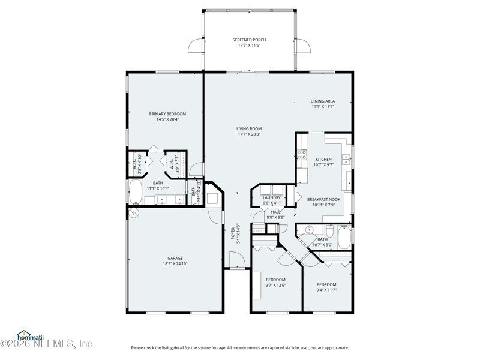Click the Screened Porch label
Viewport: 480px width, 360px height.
click(249, 40)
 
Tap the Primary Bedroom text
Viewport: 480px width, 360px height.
click(167, 114)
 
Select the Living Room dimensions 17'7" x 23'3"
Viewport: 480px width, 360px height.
click(248, 134)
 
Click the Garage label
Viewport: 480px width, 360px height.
click(175, 259)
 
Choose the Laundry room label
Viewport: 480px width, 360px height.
click(271, 197)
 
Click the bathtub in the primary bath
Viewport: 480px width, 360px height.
click(135, 193)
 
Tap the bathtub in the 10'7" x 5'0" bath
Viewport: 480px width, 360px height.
click(344, 238)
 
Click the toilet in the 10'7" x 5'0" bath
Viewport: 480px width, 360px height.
click(329, 231)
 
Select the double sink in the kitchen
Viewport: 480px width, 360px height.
click(346, 160)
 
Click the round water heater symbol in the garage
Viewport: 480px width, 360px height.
click(133, 212)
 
